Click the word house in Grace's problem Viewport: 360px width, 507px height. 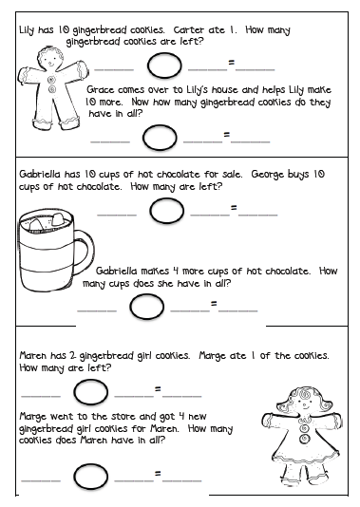point(224,89)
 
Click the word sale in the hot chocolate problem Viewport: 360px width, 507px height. point(232,175)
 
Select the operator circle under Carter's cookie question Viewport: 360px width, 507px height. point(164,66)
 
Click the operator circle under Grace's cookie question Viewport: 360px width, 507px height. point(160,138)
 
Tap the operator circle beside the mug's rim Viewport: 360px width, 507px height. point(166,211)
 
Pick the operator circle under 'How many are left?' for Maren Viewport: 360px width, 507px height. point(90,392)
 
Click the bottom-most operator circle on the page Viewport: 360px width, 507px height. point(90,477)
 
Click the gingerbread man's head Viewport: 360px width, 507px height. point(49,58)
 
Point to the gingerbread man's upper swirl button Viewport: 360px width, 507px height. point(51,79)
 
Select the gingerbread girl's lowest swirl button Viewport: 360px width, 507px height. point(304,439)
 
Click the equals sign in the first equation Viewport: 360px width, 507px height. point(231,63)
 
